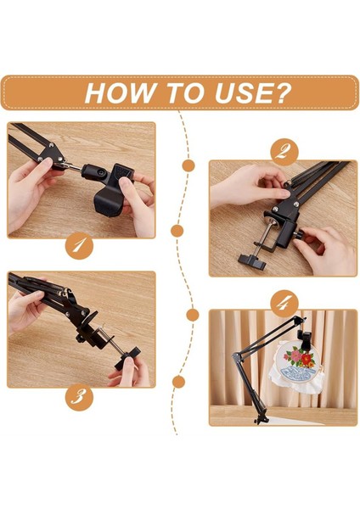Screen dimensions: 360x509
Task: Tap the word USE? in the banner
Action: tap(252, 92)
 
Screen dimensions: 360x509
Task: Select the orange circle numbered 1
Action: tap(79, 247)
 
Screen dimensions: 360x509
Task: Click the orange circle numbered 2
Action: tap(284, 152)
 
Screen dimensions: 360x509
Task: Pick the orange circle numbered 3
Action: tap(79, 397)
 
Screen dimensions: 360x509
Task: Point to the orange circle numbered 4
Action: tap(284, 304)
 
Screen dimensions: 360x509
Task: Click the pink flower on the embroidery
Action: tap(295, 356)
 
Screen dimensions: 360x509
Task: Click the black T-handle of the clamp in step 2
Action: tap(252, 261)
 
